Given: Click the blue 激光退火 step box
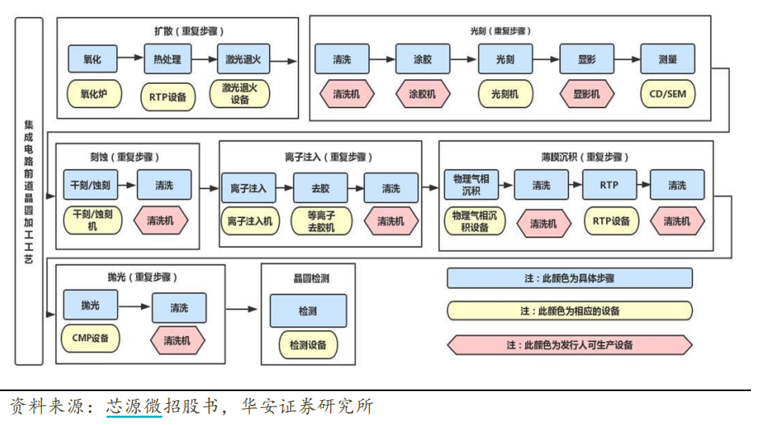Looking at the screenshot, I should [244, 60].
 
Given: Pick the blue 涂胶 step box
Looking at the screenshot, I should [422, 60].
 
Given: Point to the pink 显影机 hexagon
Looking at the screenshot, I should [587, 94].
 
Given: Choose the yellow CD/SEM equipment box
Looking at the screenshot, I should [667, 94].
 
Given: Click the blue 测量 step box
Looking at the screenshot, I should [667, 60].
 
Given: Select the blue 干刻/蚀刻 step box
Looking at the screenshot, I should [91, 185].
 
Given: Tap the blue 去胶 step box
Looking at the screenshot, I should [320, 188].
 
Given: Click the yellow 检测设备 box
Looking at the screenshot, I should [308, 345].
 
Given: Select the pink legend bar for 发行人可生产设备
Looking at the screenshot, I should [570, 344].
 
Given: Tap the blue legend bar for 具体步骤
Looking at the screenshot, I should [570, 278].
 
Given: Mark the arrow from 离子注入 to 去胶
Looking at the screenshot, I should [282, 188].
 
